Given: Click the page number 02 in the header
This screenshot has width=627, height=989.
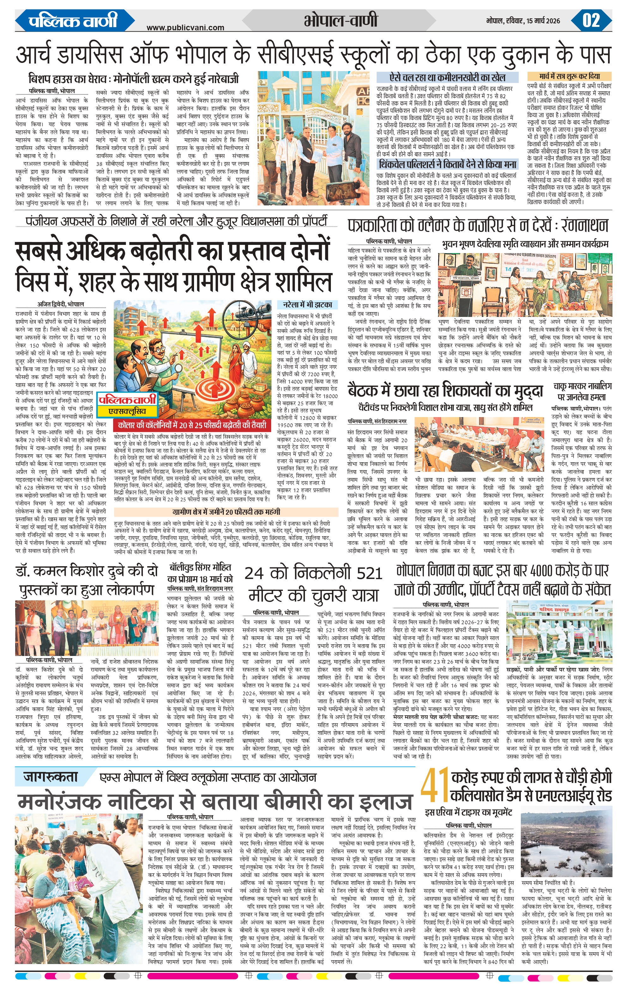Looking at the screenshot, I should point(591,20).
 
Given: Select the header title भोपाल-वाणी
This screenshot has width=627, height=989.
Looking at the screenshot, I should point(341,20).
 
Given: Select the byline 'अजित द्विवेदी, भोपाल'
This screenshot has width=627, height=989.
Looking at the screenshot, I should point(60,304).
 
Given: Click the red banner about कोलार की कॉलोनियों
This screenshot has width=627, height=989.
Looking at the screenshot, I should point(192,425).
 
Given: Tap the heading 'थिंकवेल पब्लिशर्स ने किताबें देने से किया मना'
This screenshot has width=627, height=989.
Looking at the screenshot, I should point(448,164).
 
